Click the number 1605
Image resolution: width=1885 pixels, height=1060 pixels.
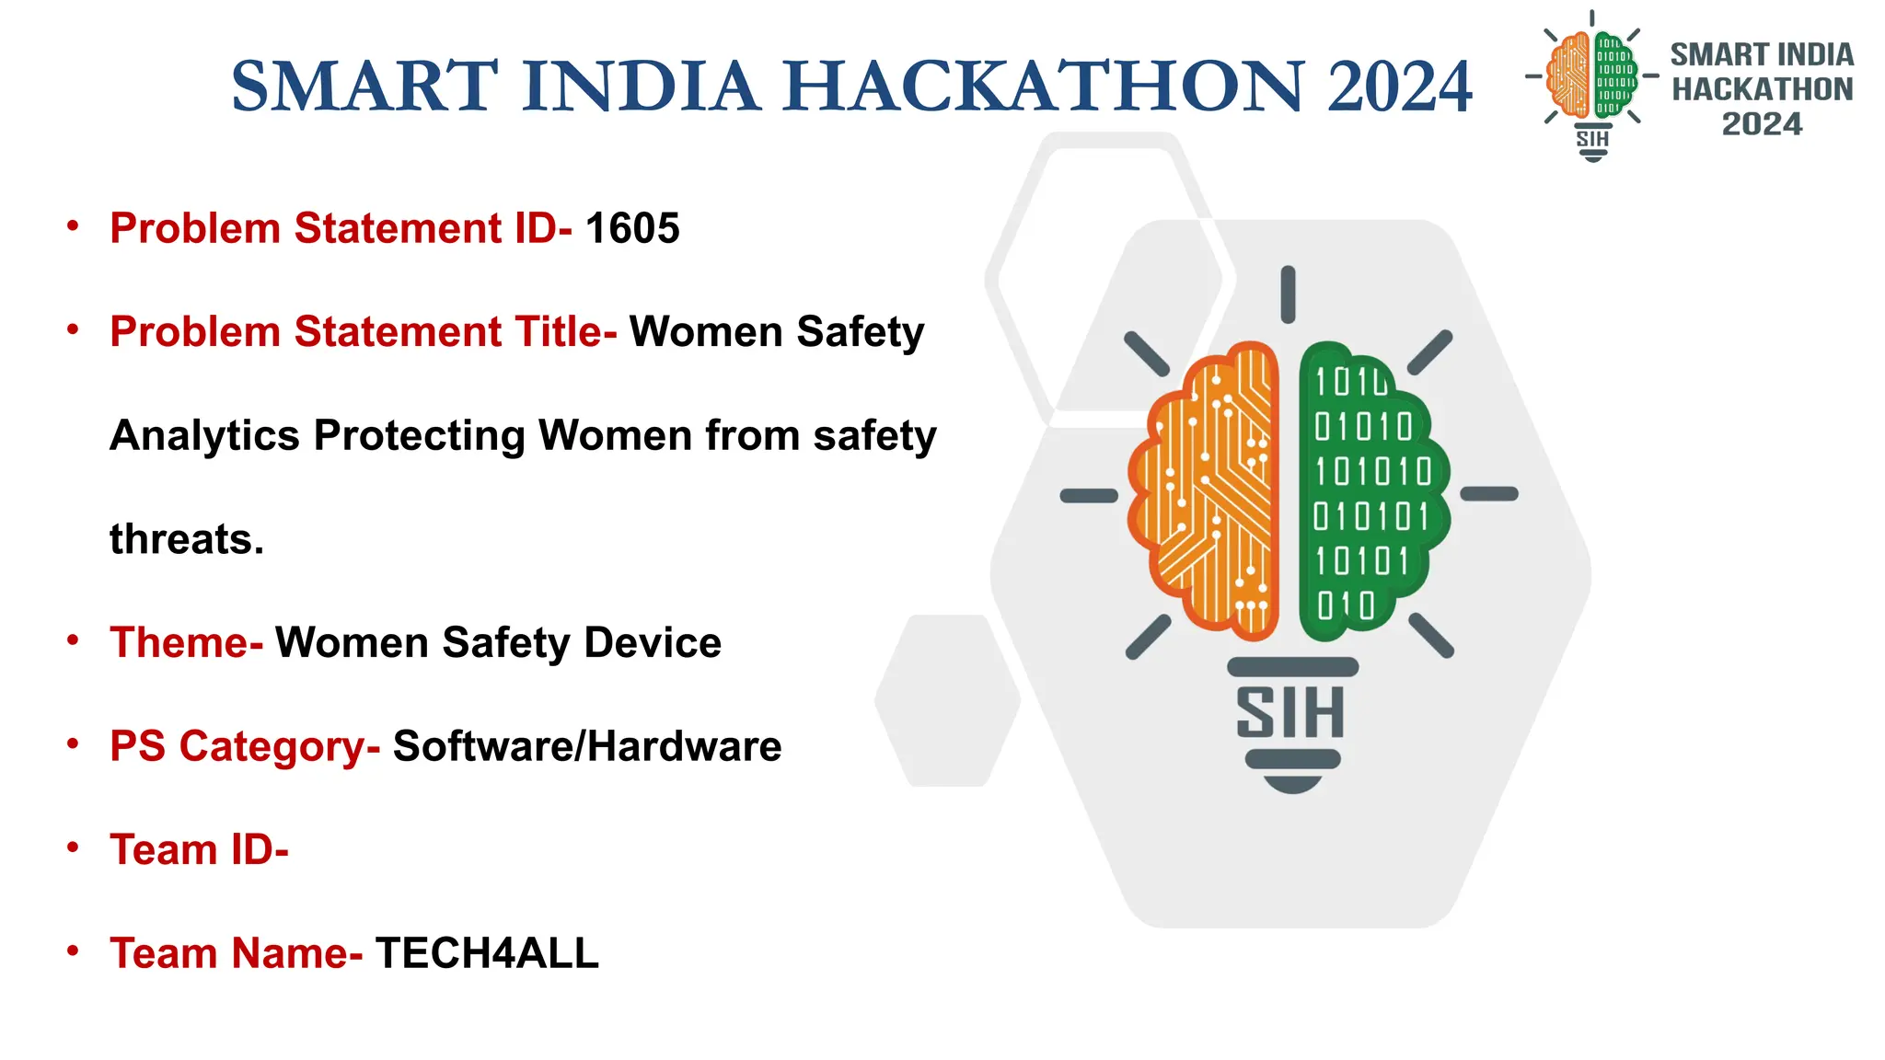(632, 228)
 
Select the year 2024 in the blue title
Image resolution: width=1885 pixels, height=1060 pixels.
(1399, 86)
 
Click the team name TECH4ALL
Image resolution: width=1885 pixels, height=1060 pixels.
(487, 953)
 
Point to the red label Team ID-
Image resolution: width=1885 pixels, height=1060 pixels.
(199, 849)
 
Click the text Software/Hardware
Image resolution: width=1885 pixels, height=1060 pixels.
(587, 746)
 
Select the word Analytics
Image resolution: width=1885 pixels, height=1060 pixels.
(204, 435)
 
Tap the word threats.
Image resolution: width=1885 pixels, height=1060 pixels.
(187, 539)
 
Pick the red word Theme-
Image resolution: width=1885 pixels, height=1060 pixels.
(186, 642)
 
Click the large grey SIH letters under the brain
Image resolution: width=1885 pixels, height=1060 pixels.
(1290, 713)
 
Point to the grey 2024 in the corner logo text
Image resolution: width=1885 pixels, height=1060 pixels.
(1762, 124)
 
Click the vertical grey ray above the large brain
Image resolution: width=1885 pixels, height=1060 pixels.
(1288, 294)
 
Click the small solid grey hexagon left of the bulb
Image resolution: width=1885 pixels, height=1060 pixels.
(947, 700)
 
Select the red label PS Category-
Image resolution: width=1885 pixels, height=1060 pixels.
(245, 746)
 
